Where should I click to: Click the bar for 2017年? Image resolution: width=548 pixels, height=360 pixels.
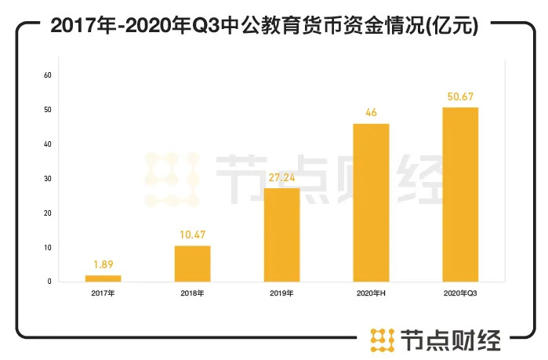103,278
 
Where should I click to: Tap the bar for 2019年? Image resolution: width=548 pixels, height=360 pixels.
281,235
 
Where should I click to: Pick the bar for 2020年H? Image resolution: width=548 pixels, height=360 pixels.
371,202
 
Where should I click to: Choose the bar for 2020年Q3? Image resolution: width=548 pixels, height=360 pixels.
460,195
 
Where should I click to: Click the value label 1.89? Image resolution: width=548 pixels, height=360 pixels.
103,266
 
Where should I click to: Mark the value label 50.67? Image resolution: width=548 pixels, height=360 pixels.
460,97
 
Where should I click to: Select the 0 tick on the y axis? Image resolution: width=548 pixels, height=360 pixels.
49,282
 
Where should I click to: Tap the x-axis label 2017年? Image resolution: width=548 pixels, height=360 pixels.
103,294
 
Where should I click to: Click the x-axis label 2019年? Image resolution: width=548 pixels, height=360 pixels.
281,294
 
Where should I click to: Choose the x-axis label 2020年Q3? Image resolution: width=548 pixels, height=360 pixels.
460,294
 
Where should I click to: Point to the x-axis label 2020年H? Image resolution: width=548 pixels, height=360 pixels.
371,294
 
